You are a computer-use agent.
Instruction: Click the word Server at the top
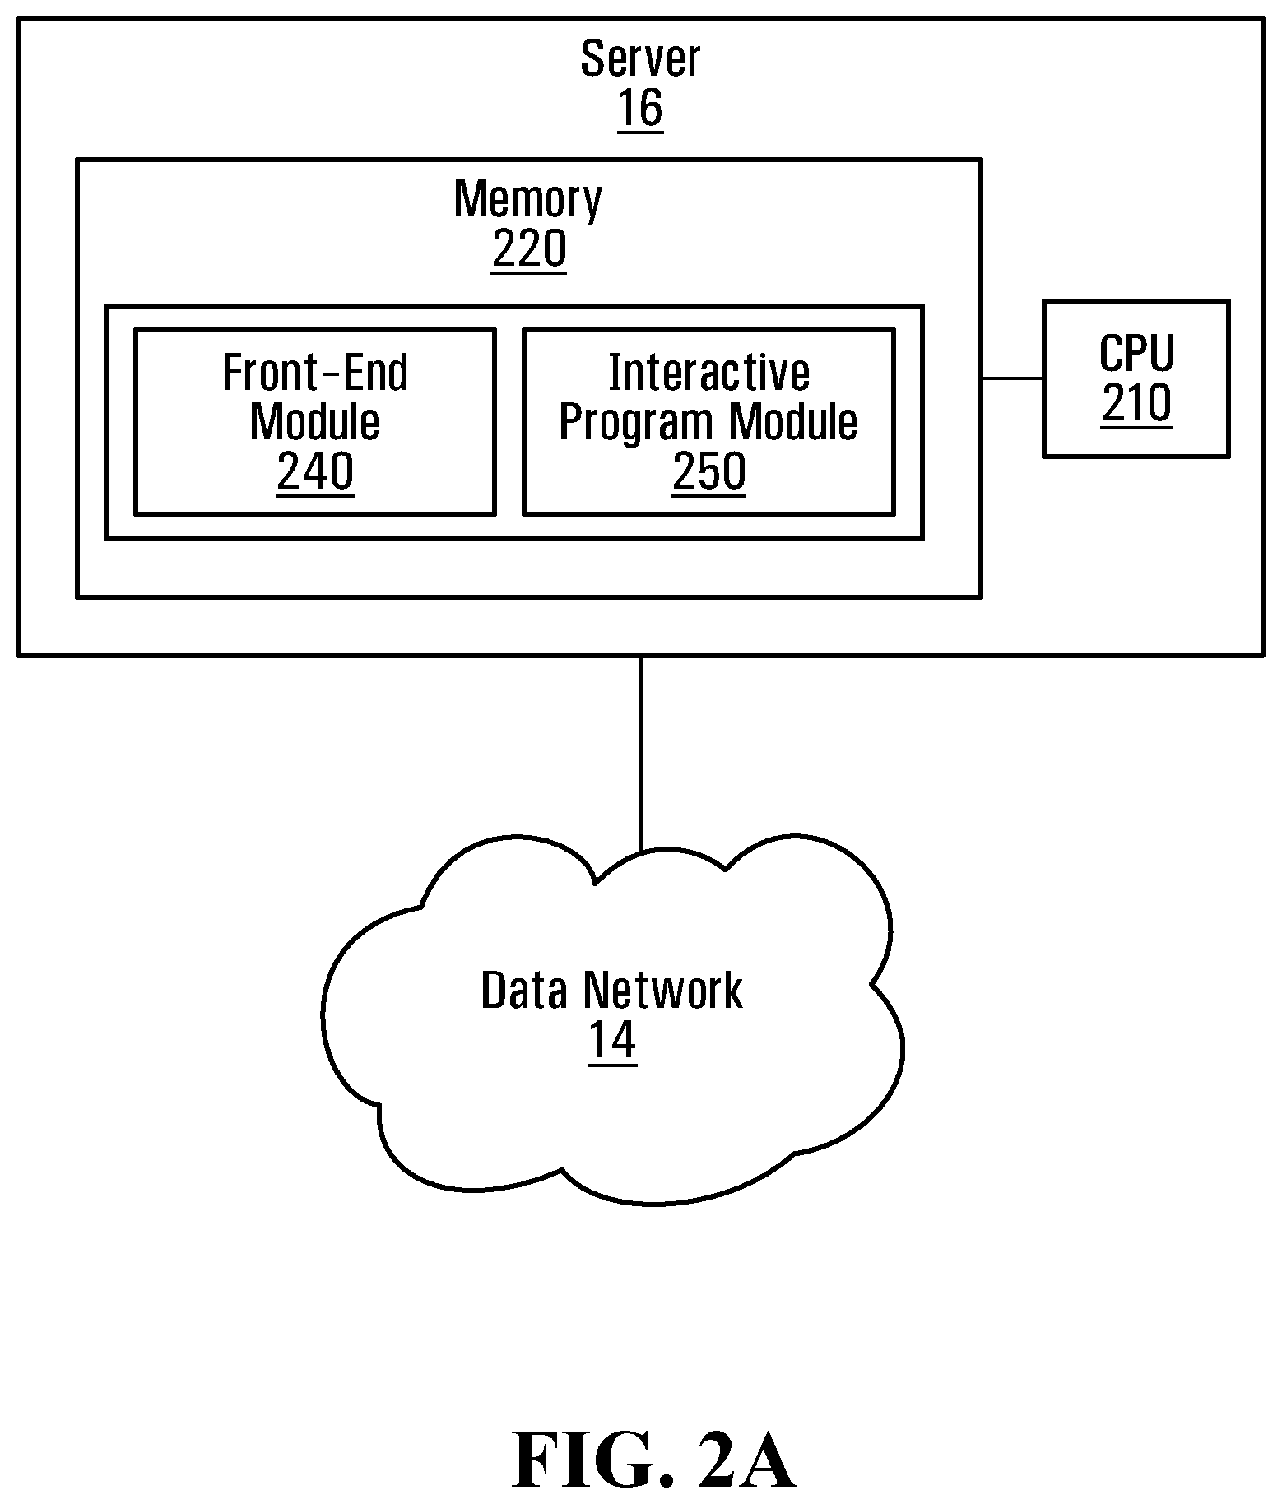point(640,58)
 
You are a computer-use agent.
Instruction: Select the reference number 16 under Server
point(640,109)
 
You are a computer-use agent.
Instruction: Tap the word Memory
point(528,199)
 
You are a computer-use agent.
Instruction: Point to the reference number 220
point(529,248)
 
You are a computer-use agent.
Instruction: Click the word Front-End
point(315,373)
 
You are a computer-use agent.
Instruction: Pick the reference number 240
point(315,471)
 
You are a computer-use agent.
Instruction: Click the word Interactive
point(708,373)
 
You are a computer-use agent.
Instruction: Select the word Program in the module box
point(637,423)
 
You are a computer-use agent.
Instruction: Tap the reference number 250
point(709,471)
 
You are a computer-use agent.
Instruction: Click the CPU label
point(1136,354)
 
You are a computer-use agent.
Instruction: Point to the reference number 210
point(1136,404)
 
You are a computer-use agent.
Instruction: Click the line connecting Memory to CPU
point(1012,378)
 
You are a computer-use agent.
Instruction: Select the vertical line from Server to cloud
point(641,754)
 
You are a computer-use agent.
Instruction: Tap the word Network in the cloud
point(662,990)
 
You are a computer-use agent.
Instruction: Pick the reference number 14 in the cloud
point(612,1041)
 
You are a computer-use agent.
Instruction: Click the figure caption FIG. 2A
point(653,1461)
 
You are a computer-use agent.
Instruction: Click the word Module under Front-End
point(315,422)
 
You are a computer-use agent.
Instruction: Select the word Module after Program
point(793,422)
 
